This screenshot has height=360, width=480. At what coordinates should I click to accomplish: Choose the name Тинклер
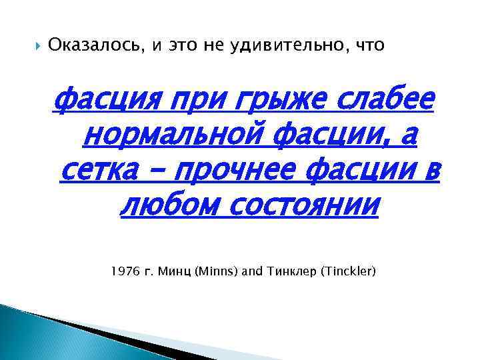pos(286,271)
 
